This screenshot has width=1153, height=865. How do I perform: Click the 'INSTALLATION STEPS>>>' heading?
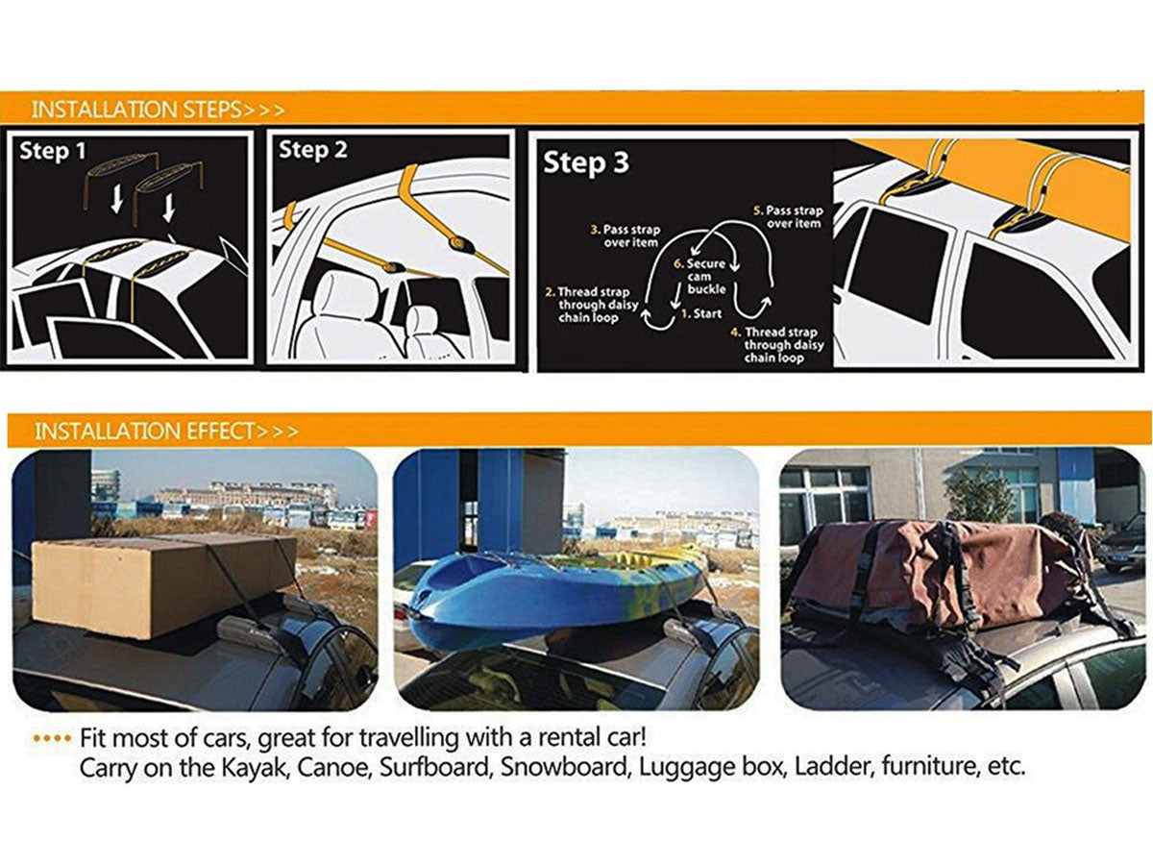coord(158,110)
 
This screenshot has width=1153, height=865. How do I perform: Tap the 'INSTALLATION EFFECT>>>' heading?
coord(166,432)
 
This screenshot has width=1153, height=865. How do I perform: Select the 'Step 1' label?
coord(53,151)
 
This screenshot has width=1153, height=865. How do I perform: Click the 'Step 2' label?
coord(313,150)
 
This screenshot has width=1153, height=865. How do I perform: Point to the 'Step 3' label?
coord(586,162)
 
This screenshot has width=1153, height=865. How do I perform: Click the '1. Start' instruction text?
coord(701,314)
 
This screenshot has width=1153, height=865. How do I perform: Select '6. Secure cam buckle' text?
coord(700,276)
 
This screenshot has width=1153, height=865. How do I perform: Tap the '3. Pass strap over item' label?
coord(626,236)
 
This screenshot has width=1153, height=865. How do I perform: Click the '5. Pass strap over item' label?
coord(789,217)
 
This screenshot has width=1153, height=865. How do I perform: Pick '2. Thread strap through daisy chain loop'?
coord(592,305)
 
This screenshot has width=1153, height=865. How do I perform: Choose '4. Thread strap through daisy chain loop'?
coord(778,345)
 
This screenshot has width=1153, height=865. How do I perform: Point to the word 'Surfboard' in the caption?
coord(434,767)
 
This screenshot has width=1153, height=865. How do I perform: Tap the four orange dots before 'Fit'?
coord(52,738)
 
